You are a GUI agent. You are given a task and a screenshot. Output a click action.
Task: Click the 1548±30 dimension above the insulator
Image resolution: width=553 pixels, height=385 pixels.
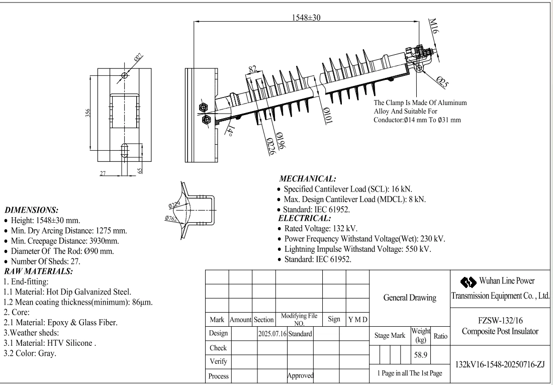coord(306,17)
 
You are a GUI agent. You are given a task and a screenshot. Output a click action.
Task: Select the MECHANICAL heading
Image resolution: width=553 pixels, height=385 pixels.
coord(308,179)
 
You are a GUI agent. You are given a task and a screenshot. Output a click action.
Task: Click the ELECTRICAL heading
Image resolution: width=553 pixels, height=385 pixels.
coord(305,218)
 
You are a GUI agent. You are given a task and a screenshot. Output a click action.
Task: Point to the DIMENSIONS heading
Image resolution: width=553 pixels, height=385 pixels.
coord(31,210)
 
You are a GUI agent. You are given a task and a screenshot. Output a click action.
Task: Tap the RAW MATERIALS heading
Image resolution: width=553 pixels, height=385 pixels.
coord(38,271)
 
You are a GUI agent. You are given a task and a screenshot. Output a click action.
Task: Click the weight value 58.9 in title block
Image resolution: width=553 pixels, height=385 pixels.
coord(421,355)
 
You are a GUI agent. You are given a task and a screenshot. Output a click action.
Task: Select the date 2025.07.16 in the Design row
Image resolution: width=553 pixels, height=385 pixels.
coord(271,334)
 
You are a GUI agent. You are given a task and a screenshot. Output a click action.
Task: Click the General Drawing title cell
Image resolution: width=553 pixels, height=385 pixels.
coord(410,298)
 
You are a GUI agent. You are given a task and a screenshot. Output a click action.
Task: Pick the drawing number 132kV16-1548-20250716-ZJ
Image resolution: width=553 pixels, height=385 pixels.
coord(500,364)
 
